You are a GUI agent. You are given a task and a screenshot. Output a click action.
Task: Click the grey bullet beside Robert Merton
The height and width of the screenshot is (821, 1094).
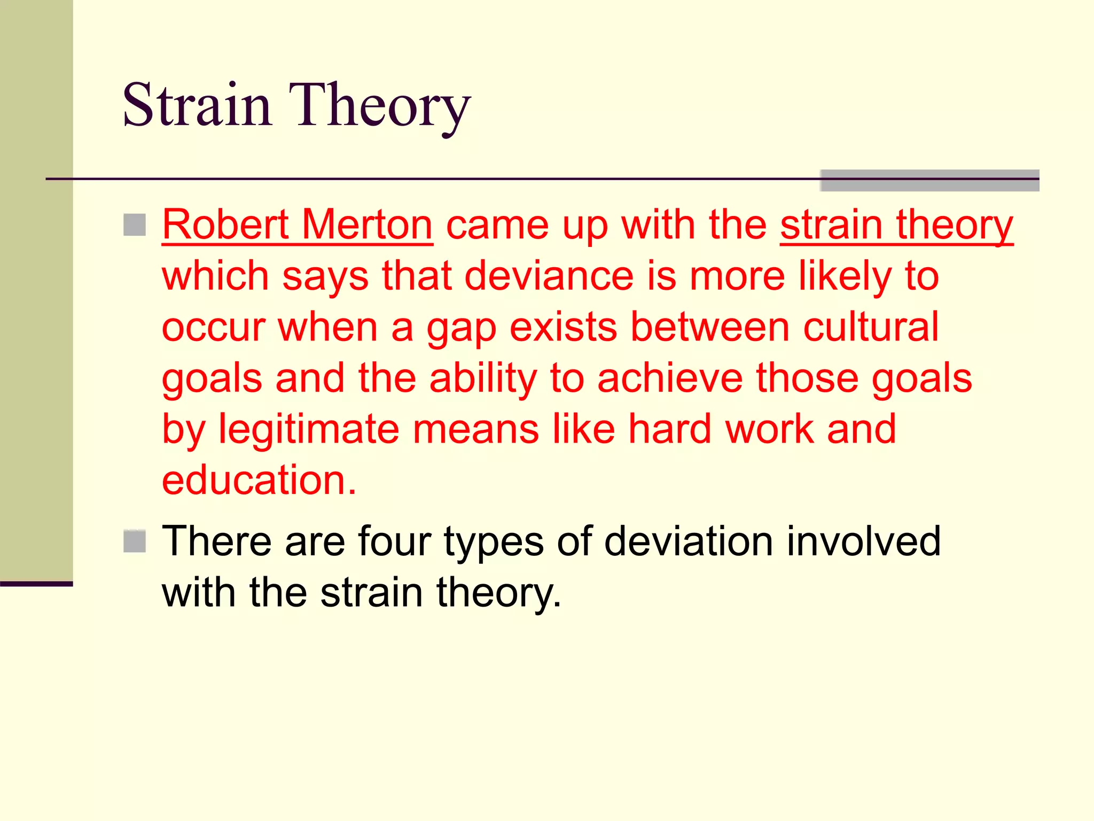tap(135, 225)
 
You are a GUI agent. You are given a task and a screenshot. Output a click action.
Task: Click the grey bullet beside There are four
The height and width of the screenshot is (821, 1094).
tap(135, 541)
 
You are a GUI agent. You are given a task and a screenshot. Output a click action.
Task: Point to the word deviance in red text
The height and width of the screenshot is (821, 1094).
tap(549, 276)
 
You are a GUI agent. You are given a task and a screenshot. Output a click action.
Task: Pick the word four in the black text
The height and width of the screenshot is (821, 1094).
tap(394, 541)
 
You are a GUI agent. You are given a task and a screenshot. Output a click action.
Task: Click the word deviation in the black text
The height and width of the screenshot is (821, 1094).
tap(689, 541)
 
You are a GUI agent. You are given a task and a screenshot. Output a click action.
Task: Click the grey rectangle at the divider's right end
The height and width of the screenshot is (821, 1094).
tap(929, 181)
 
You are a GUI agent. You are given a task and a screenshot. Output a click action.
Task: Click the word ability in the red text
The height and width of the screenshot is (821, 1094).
tap(483, 378)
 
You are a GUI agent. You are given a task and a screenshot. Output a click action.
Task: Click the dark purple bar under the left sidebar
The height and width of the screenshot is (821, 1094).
tap(36, 584)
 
